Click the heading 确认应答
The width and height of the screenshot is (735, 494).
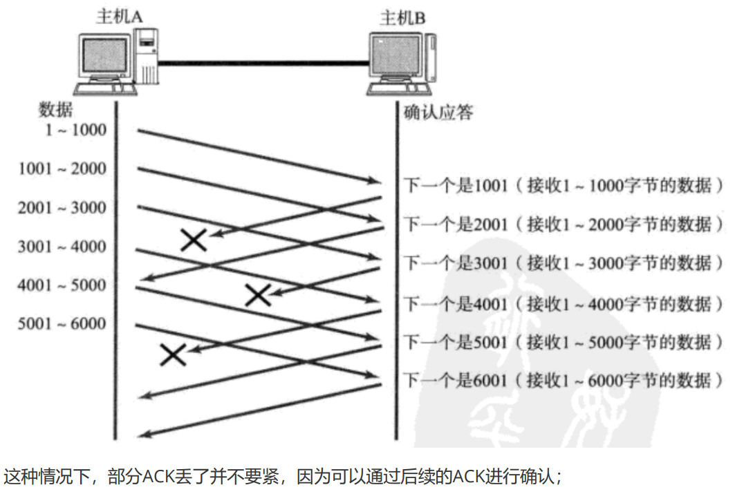438,112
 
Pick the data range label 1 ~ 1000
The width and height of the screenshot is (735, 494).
76,129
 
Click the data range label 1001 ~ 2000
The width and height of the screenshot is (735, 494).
62,169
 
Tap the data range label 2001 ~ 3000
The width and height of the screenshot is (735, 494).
62,207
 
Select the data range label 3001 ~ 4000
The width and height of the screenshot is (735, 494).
62,246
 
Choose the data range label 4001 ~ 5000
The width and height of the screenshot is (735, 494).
62,285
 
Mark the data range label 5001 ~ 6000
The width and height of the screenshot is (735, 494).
62,323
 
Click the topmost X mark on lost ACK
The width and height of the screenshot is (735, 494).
194,239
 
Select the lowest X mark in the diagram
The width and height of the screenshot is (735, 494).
173,354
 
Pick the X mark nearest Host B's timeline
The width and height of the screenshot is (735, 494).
258,295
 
